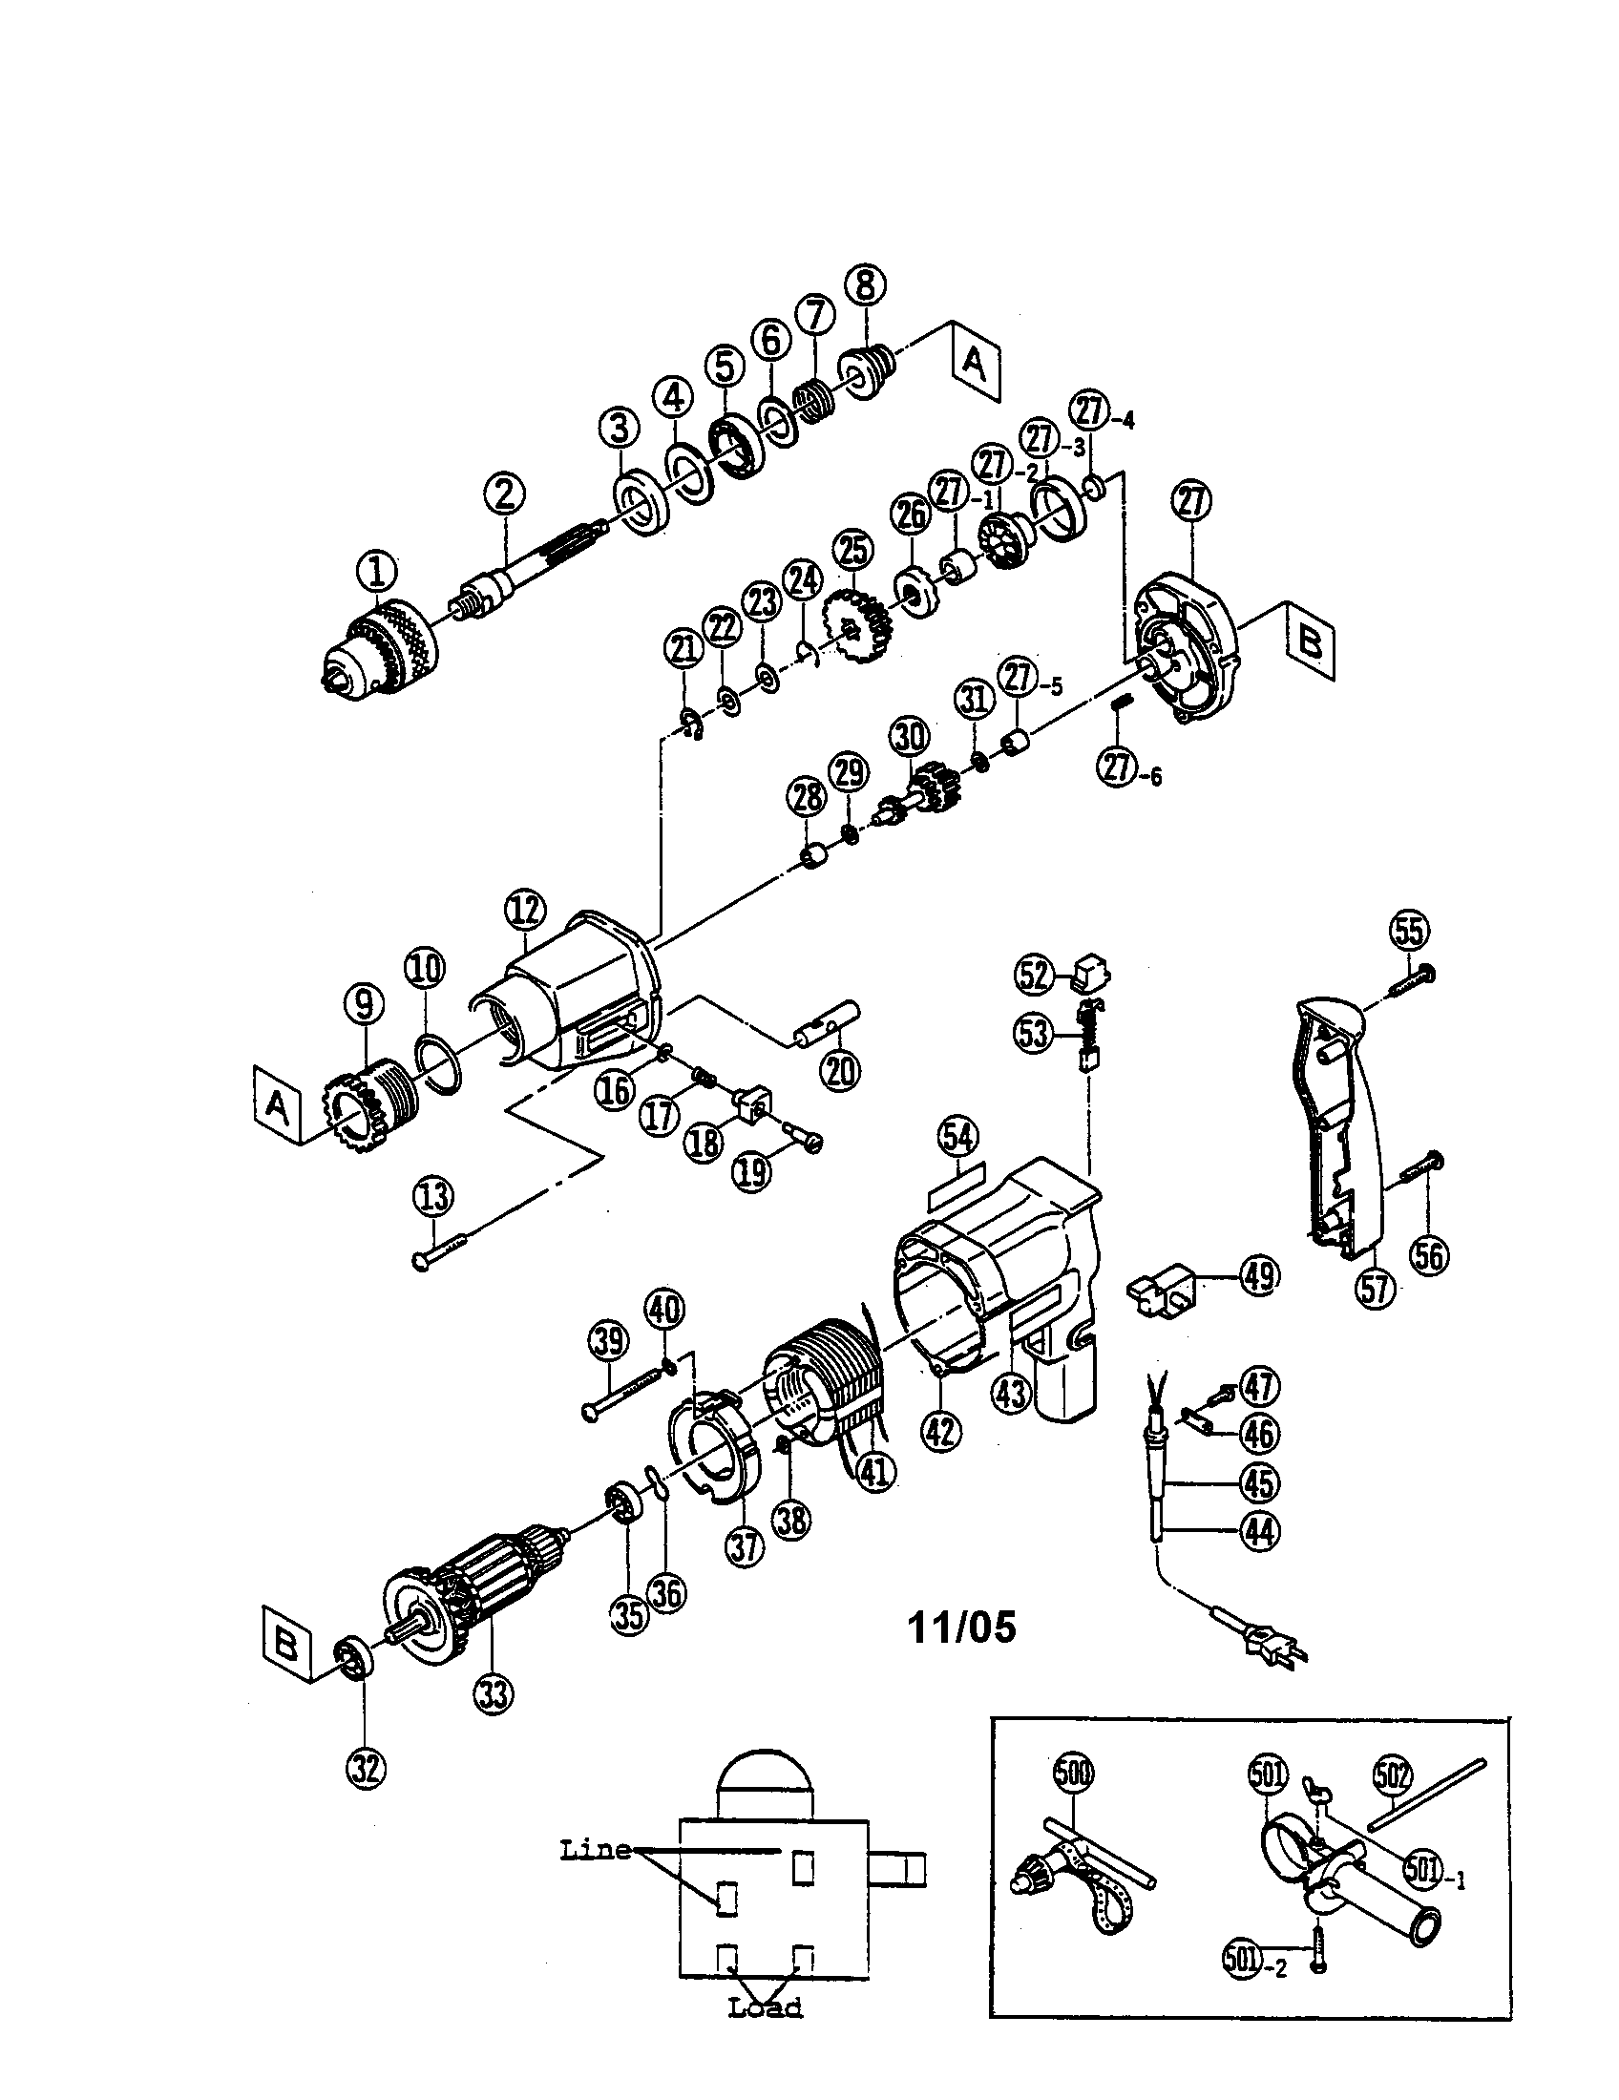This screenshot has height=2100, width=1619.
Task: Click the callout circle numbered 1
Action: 377,573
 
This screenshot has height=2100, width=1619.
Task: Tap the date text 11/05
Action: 961,1627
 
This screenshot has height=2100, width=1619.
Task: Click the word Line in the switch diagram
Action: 596,1849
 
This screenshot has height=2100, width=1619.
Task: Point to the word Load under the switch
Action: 766,2007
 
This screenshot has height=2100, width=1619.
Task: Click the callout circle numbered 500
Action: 1074,1771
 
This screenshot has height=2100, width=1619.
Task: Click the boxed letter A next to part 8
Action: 975,365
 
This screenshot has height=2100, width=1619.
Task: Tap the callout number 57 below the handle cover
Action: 1375,1287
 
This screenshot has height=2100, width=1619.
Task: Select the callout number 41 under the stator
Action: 873,1472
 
